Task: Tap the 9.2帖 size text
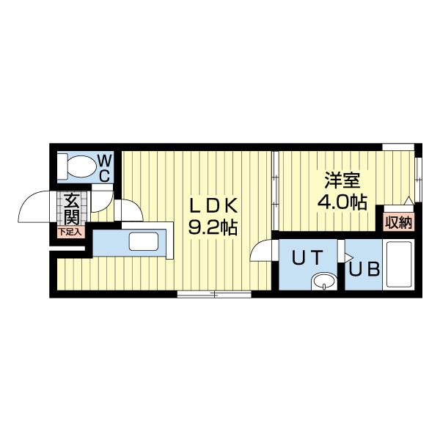point(213,227)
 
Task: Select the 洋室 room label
point(342,179)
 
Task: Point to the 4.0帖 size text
point(342,202)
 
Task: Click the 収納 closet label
point(397,221)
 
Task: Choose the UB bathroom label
point(364,269)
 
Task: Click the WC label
point(105,166)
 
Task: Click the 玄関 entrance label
point(71,208)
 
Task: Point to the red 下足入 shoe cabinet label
point(71,231)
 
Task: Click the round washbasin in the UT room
point(323,281)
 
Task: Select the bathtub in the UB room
point(400,265)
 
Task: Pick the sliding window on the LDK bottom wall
point(214,294)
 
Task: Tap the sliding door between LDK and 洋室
point(274,191)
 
